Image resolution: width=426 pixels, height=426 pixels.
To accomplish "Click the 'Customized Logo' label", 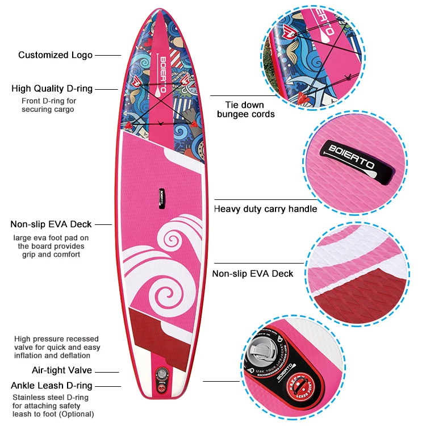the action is point(55,55).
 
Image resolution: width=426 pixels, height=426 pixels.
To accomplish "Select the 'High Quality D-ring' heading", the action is point(52,89).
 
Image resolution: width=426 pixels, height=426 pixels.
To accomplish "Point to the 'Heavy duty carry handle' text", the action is point(265,209).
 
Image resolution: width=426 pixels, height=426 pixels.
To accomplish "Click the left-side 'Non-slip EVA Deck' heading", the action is point(51,224).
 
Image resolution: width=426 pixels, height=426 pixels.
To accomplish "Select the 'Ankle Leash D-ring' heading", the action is point(52,386).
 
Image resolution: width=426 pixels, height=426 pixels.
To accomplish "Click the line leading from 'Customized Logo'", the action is point(108,55).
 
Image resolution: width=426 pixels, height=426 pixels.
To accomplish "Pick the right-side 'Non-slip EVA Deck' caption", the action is point(253,274).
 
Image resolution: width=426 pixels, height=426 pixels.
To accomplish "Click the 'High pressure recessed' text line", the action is point(56,339).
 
